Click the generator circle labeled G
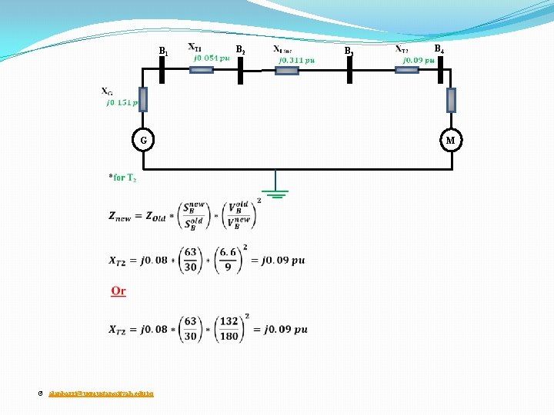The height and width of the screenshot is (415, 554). pyautogui.click(x=143, y=140)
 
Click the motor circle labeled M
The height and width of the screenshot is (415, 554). pyautogui.click(x=451, y=140)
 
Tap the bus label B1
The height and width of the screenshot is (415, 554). pyautogui.click(x=163, y=51)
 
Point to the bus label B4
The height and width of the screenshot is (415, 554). pyautogui.click(x=439, y=49)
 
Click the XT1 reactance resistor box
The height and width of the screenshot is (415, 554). pyautogui.click(x=201, y=70)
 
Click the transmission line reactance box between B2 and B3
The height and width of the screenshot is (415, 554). pyautogui.click(x=286, y=71)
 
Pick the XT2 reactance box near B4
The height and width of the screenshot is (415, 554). pyautogui.click(x=406, y=70)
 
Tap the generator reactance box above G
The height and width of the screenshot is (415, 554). pyautogui.click(x=143, y=98)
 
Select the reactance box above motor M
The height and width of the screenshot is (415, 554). pyautogui.click(x=451, y=100)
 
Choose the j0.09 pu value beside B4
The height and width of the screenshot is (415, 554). pyautogui.click(x=419, y=59)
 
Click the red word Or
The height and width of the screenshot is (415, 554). pyautogui.click(x=118, y=290)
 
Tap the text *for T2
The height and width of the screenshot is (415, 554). pyautogui.click(x=122, y=178)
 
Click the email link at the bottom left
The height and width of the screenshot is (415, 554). pyautogui.click(x=101, y=393)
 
